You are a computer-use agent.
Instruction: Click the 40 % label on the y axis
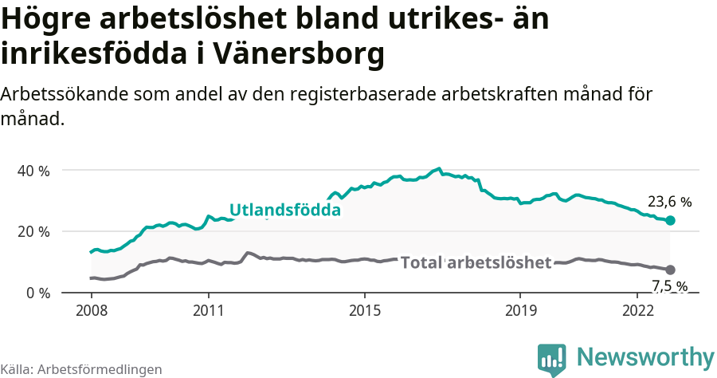coord(34,171)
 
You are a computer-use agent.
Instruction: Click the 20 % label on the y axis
coord(34,231)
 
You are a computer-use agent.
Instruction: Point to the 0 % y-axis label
coord(38,293)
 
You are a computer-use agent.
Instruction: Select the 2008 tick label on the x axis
coord(91,309)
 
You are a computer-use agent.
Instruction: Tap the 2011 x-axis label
coord(208,309)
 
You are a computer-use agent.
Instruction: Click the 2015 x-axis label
coord(364,309)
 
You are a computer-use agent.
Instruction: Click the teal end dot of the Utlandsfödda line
coord(670,220)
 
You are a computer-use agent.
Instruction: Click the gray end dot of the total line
coord(670,270)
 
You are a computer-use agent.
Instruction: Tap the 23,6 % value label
coord(670,203)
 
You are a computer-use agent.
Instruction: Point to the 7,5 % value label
coord(670,286)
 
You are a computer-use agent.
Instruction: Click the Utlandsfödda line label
coord(285,211)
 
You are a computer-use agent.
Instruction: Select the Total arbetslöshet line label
coord(476,262)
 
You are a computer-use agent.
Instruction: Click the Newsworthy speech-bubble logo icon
coord(551,360)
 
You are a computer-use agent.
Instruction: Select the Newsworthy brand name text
coord(645,357)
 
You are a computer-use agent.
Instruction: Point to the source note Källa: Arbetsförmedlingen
coord(81,369)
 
